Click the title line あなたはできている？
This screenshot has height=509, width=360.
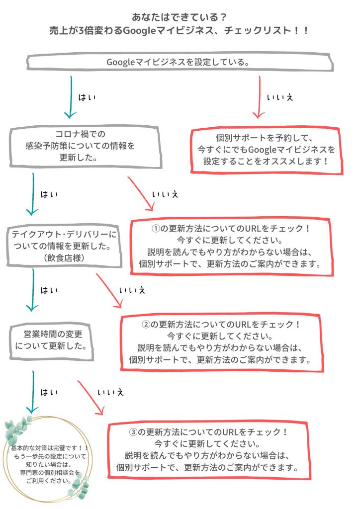coord(179,17)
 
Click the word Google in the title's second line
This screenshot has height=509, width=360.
coord(140,31)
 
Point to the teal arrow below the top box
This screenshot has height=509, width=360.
coord(71,97)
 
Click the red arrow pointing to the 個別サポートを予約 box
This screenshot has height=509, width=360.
coord(259,97)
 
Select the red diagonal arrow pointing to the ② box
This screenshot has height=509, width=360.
coord(110,290)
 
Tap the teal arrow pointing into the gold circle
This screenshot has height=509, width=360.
coord(32,392)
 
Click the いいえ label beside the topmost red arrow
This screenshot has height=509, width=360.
coord(280,97)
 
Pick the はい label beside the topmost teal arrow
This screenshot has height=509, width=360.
coord(87,97)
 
